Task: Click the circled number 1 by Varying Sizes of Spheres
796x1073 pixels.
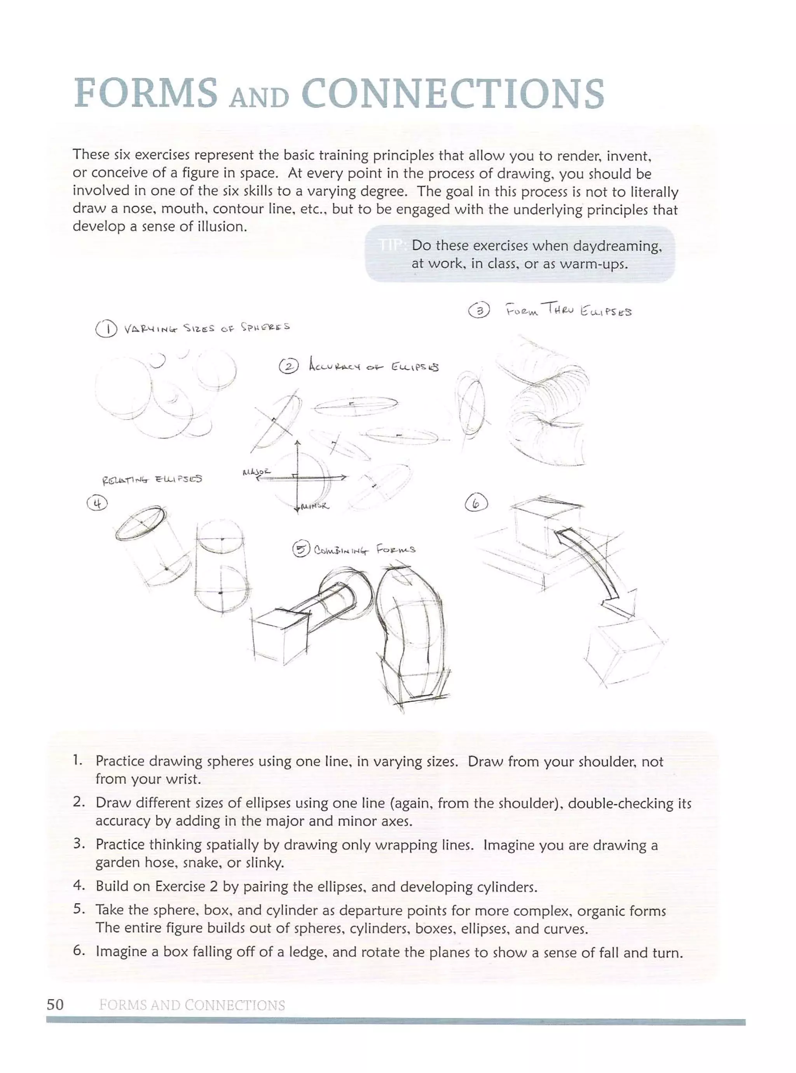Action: [x=105, y=330]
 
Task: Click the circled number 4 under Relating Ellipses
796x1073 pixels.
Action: [x=97, y=503]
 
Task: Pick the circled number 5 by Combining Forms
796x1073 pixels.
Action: [x=301, y=549]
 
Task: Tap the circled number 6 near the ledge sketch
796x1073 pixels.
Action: [x=476, y=503]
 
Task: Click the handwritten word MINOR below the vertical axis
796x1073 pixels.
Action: [x=314, y=507]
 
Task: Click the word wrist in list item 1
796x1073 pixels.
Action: [x=180, y=779]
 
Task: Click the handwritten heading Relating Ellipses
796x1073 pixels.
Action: [x=152, y=479]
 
